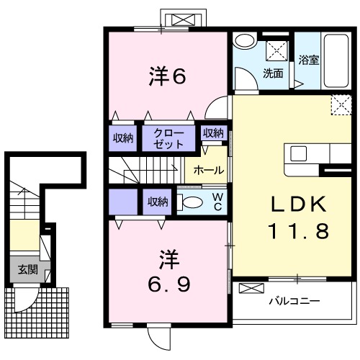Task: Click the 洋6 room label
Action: point(167,76)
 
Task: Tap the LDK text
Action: point(299,204)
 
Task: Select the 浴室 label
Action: point(309,60)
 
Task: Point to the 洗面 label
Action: point(273,73)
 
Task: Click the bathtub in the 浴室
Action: point(336,61)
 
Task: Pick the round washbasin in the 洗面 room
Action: point(245,41)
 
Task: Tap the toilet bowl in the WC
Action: point(189,202)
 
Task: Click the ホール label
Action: point(209,170)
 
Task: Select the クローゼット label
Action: point(168,139)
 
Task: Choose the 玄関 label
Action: point(28,270)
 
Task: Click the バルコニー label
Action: point(294,301)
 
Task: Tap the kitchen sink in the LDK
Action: point(299,153)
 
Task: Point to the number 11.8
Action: point(300,231)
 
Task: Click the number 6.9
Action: point(169,284)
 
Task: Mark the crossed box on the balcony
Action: point(251,288)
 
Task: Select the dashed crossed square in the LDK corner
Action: point(341,105)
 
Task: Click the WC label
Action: point(217,202)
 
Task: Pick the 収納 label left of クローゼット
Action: point(123,138)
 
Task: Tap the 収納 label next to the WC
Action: point(158,202)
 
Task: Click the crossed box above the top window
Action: point(184,19)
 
